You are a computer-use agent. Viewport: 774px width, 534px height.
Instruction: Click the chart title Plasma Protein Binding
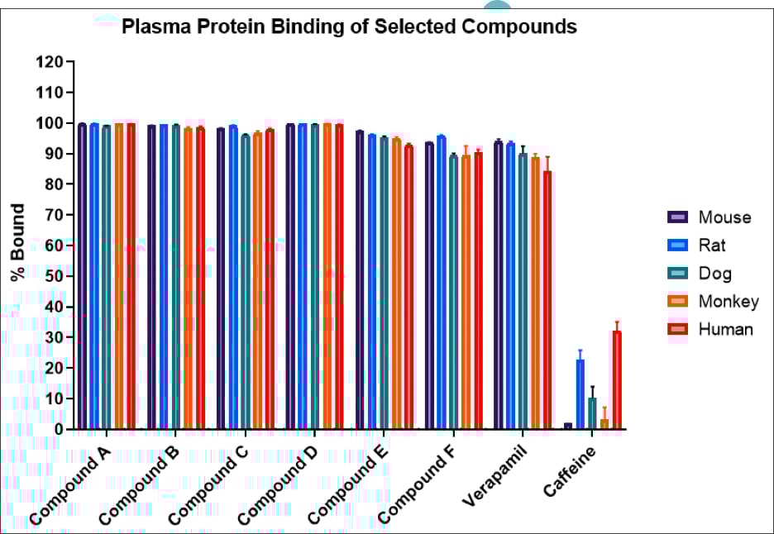click(x=349, y=26)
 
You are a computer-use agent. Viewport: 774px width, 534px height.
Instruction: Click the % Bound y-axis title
click(x=18, y=241)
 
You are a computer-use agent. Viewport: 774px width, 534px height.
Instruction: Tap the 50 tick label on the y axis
click(x=54, y=276)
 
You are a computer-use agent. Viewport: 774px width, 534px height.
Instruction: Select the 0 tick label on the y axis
click(x=58, y=429)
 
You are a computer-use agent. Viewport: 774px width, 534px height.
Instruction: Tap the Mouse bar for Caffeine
click(x=568, y=426)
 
